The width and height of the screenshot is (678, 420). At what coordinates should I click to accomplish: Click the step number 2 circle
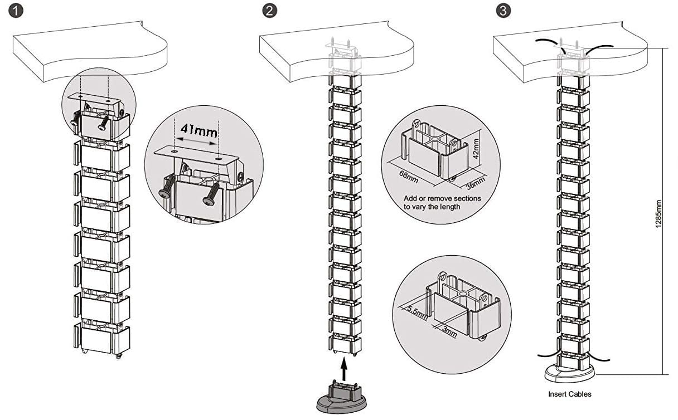point(270,11)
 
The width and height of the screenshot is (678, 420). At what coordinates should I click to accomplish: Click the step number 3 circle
point(503,11)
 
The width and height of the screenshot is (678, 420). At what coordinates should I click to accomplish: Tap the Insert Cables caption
point(569,394)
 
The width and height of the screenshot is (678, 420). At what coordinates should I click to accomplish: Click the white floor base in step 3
point(569,373)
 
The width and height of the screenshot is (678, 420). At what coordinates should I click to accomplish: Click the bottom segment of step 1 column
point(101,339)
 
